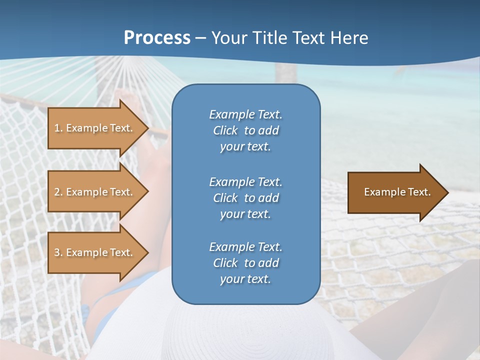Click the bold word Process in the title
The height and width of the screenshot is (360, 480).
coord(157,38)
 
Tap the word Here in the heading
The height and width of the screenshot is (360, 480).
coord(348,38)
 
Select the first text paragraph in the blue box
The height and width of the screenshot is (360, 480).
coord(245,130)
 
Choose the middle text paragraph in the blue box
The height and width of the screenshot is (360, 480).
coord(245,198)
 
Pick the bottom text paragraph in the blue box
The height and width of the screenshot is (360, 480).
coord(245,263)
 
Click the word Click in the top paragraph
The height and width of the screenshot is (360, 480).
coord(225,130)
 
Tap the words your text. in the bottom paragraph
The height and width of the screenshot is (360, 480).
coord(245,279)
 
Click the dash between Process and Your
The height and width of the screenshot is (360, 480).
coord(200,38)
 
